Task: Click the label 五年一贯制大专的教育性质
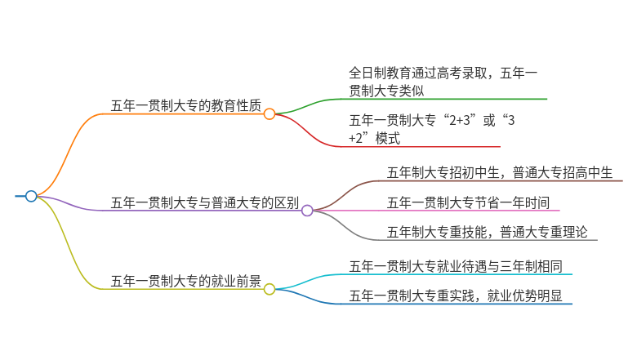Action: click(x=186, y=105)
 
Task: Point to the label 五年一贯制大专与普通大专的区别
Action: click(x=205, y=202)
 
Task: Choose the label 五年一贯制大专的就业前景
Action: click(x=186, y=281)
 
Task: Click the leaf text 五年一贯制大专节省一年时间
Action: click(x=468, y=202)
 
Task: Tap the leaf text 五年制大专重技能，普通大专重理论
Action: click(x=487, y=232)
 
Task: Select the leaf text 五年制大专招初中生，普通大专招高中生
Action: click(x=500, y=172)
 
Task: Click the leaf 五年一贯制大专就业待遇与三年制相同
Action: click(x=456, y=266)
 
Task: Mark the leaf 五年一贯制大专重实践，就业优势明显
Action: click(x=456, y=296)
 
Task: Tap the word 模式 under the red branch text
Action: click(x=388, y=139)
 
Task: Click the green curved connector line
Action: click(x=309, y=106)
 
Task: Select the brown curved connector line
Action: click(x=345, y=195)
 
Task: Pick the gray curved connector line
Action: click(x=345, y=225)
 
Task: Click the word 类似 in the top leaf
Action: click(x=412, y=91)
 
